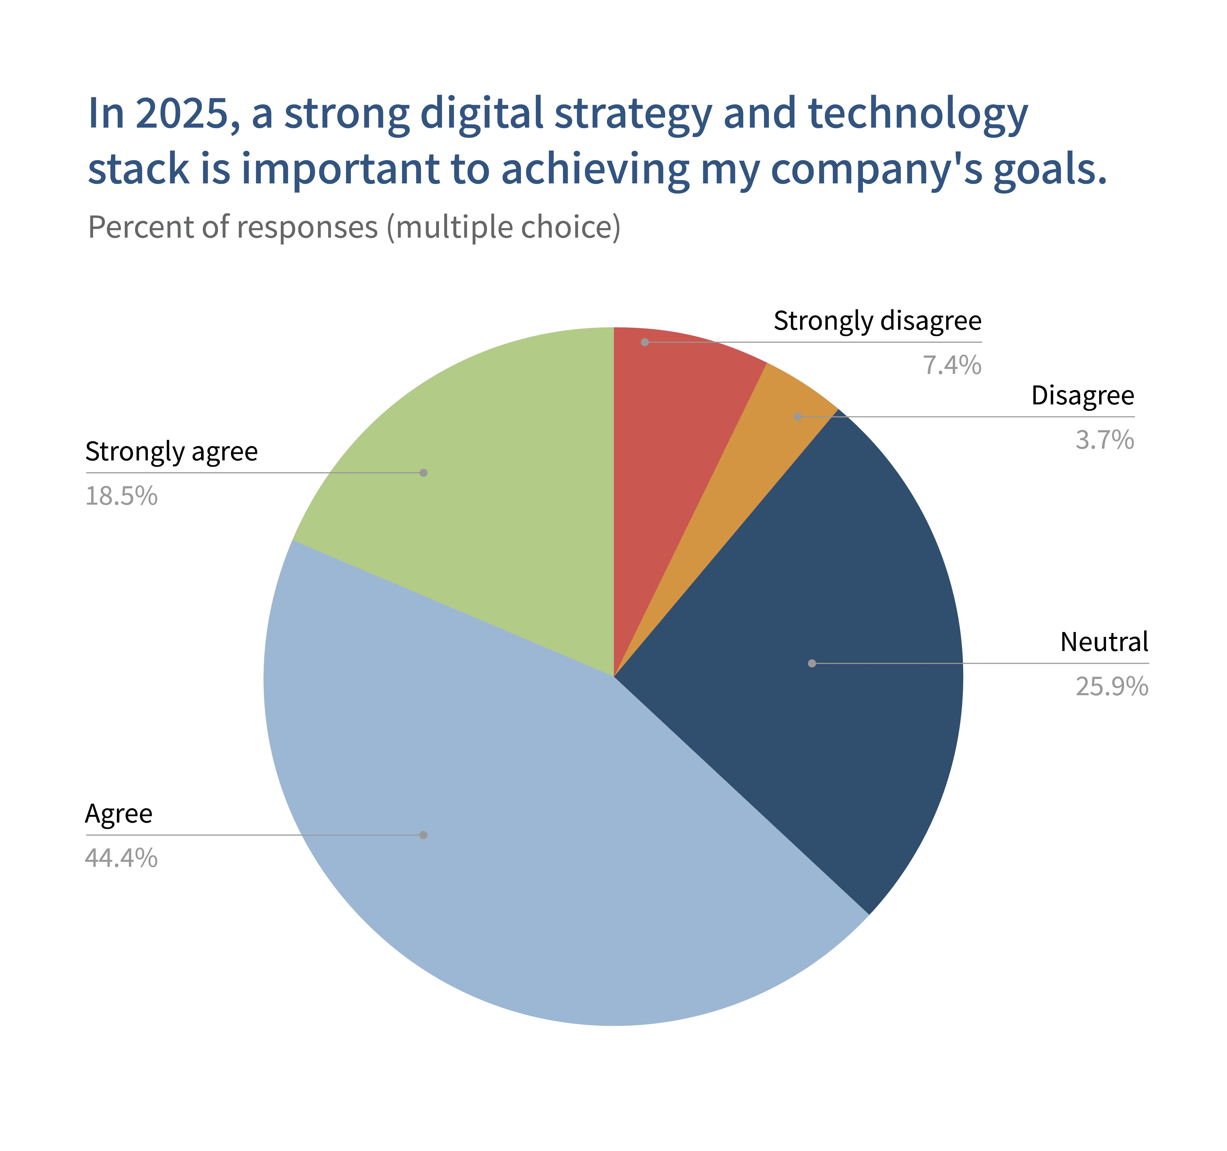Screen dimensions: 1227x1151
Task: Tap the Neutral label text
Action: click(1104, 642)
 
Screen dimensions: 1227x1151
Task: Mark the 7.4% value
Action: click(952, 365)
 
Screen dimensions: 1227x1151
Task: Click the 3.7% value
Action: click(1105, 440)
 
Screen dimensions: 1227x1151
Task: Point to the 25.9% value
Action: click(1112, 686)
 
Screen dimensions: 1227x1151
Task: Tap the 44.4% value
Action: click(121, 858)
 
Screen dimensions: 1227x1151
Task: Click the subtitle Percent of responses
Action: click(233, 227)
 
